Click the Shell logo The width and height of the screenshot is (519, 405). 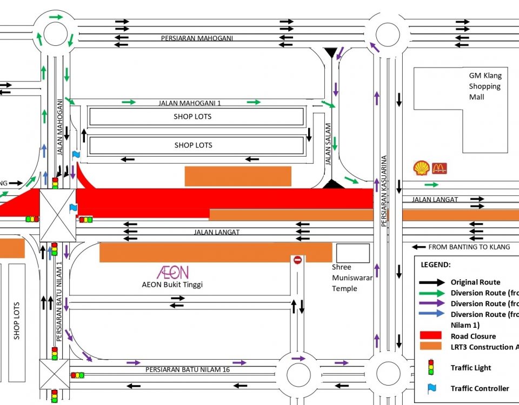tap(421, 168)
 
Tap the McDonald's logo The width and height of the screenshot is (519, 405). tap(440, 168)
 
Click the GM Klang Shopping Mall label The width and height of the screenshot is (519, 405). tap(485, 86)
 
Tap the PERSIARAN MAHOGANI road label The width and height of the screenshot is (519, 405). tap(197, 38)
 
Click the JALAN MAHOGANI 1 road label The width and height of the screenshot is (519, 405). tap(190, 103)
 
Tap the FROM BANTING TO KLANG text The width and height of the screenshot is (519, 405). tap(469, 247)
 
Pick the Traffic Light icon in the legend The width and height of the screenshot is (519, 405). tap(431, 368)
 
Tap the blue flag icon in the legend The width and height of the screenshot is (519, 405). tap(431, 388)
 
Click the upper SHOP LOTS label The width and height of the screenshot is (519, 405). tap(192, 117)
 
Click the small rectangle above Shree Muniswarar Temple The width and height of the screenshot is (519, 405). tap(353, 253)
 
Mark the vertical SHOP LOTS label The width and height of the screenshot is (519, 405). tap(17, 320)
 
